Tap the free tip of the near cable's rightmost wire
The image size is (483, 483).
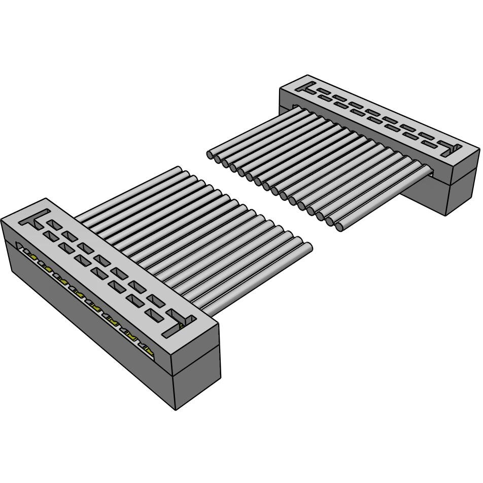307,247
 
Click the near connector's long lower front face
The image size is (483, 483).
86,325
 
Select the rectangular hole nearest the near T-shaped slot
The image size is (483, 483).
53,223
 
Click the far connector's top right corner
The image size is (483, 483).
478,149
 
